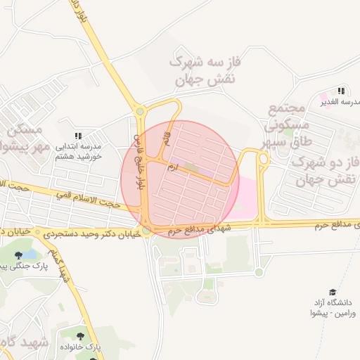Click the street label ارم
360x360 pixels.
(172, 167)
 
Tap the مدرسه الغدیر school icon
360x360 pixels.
(341, 91)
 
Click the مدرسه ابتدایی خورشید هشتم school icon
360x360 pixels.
(78, 136)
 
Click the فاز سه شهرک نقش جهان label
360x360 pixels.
(199, 71)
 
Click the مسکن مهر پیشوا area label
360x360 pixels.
(25, 139)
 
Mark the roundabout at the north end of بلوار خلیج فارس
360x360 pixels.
(140, 110)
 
